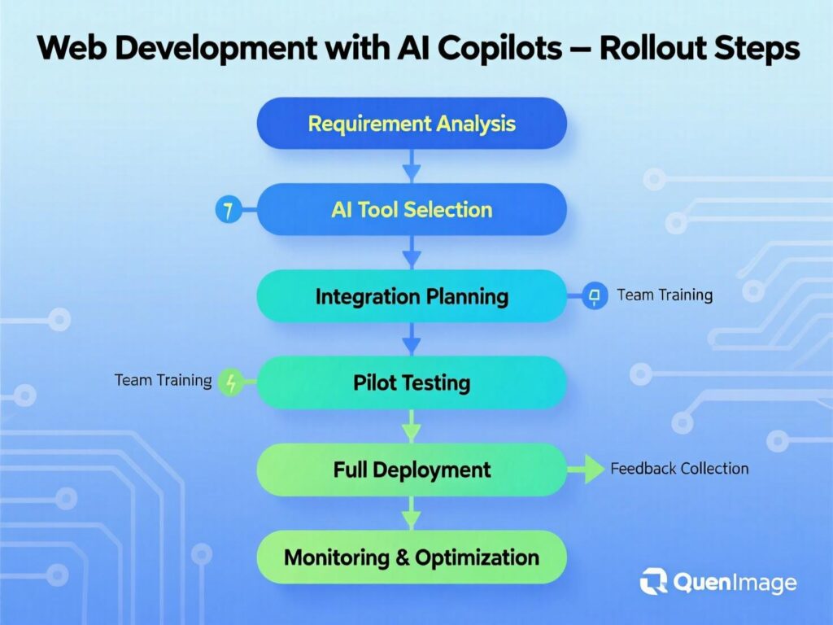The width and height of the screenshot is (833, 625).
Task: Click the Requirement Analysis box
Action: (412, 124)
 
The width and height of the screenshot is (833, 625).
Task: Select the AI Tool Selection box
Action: (412, 210)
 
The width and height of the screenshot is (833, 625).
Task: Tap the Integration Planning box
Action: (412, 296)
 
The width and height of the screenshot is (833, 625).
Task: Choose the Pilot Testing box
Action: (412, 382)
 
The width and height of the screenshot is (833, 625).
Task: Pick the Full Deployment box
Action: (412, 470)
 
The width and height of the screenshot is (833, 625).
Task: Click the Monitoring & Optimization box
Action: (412, 557)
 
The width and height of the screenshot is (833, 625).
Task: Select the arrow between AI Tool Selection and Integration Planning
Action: (412, 253)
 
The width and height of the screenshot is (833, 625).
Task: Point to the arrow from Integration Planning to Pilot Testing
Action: (412, 339)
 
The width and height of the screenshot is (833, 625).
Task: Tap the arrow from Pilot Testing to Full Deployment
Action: (412, 426)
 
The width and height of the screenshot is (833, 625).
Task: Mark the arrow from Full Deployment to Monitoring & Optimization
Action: (412, 514)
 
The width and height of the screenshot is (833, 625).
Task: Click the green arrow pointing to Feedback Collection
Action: (589, 469)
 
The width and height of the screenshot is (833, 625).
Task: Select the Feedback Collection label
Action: (679, 469)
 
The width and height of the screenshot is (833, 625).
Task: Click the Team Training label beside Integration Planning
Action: (665, 295)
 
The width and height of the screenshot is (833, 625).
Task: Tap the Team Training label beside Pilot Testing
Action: (163, 380)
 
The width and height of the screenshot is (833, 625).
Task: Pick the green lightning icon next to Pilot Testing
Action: (232, 382)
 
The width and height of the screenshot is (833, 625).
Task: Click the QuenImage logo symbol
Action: (653, 582)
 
